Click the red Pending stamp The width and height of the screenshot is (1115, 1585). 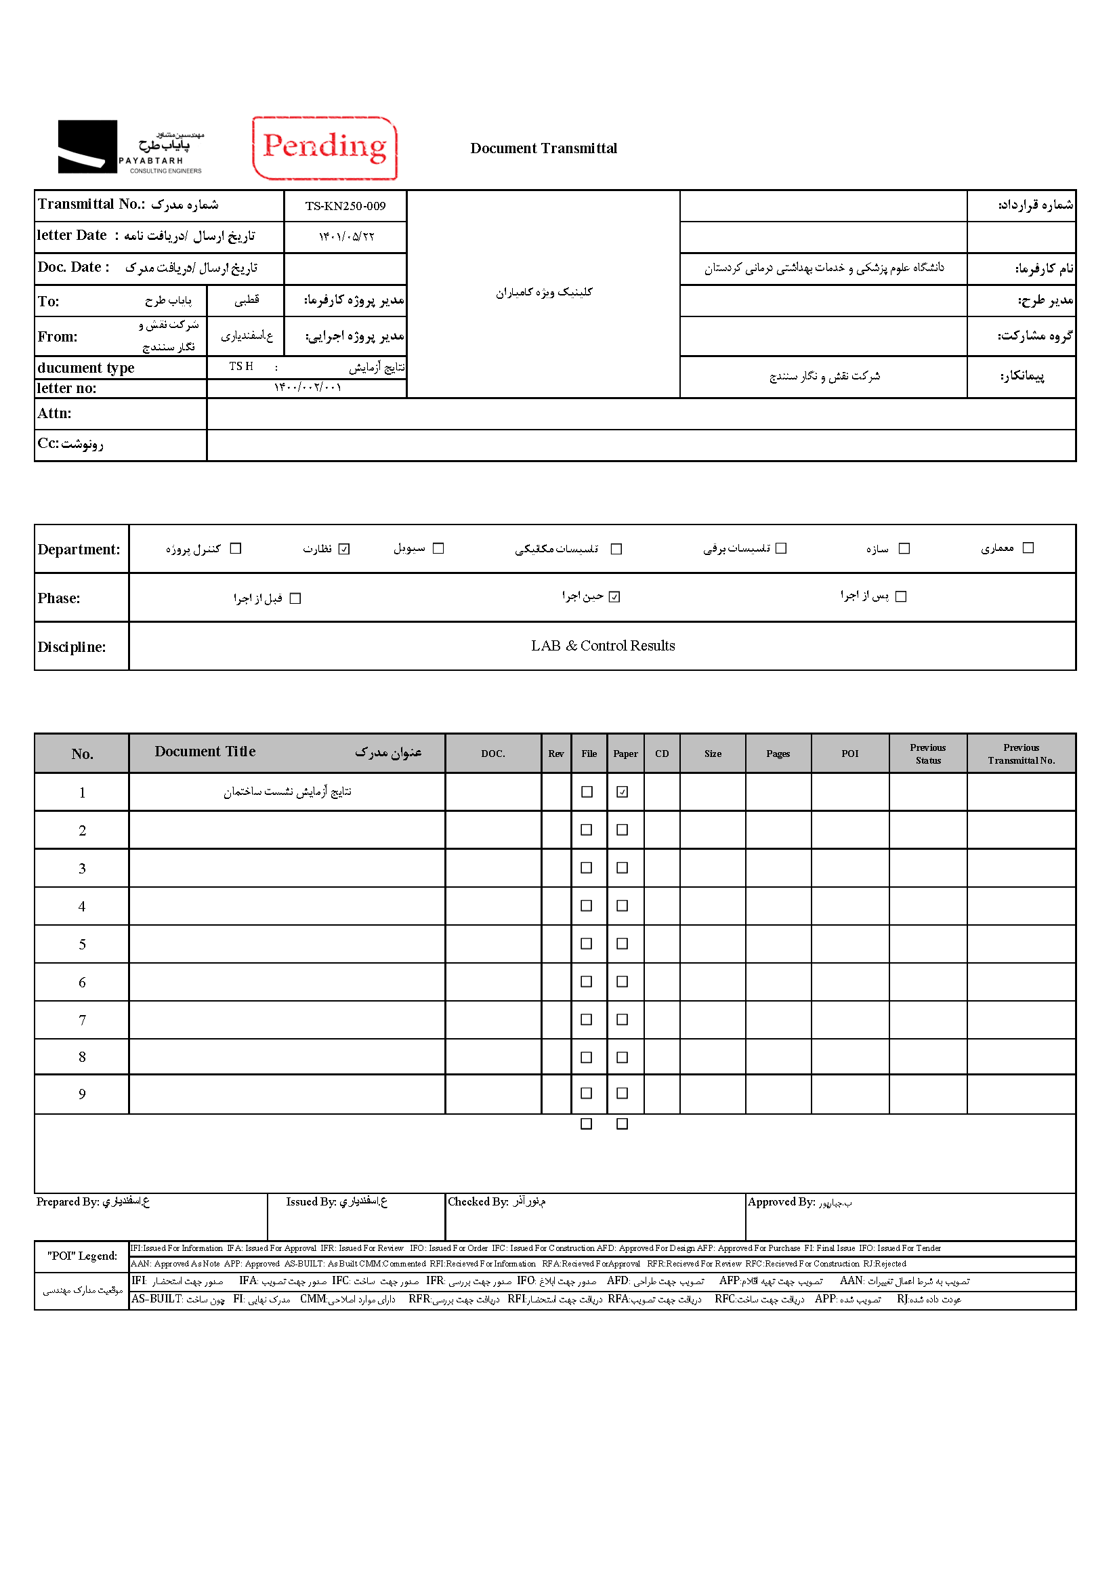pos(324,148)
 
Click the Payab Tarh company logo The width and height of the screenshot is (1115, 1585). pos(131,147)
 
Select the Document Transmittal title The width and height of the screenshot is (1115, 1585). pos(543,148)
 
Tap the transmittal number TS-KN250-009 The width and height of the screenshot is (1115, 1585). pos(345,206)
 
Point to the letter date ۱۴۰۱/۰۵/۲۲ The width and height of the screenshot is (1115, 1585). pos(345,236)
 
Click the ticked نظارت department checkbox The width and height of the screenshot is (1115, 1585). pos(344,549)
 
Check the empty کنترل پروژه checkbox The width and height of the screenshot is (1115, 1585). pos(235,548)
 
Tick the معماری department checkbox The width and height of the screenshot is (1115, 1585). pos(1028,548)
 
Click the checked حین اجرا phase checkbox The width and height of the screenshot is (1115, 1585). pos(614,596)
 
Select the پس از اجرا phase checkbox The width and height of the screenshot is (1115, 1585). pos(900,596)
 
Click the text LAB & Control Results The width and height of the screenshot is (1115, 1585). pos(602,646)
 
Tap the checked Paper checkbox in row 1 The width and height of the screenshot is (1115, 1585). pos(622,791)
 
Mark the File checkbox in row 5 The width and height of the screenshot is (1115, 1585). pos(586,943)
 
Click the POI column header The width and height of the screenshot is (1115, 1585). pos(849,753)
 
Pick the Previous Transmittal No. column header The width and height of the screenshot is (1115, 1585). pos(1020,753)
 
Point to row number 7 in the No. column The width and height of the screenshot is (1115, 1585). pos(82,1020)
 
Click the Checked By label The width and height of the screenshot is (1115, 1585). pos(478,1201)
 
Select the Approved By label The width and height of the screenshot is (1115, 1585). pos(781,1202)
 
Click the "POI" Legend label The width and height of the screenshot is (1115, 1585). pos(82,1256)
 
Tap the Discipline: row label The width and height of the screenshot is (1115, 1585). pos(72,647)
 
